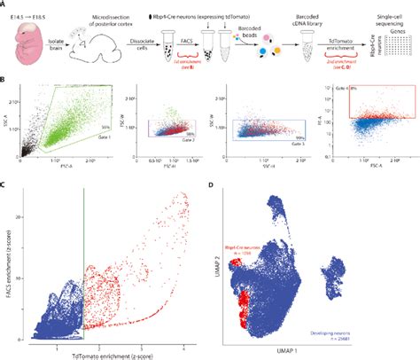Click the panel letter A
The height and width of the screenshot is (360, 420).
[4, 4]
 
